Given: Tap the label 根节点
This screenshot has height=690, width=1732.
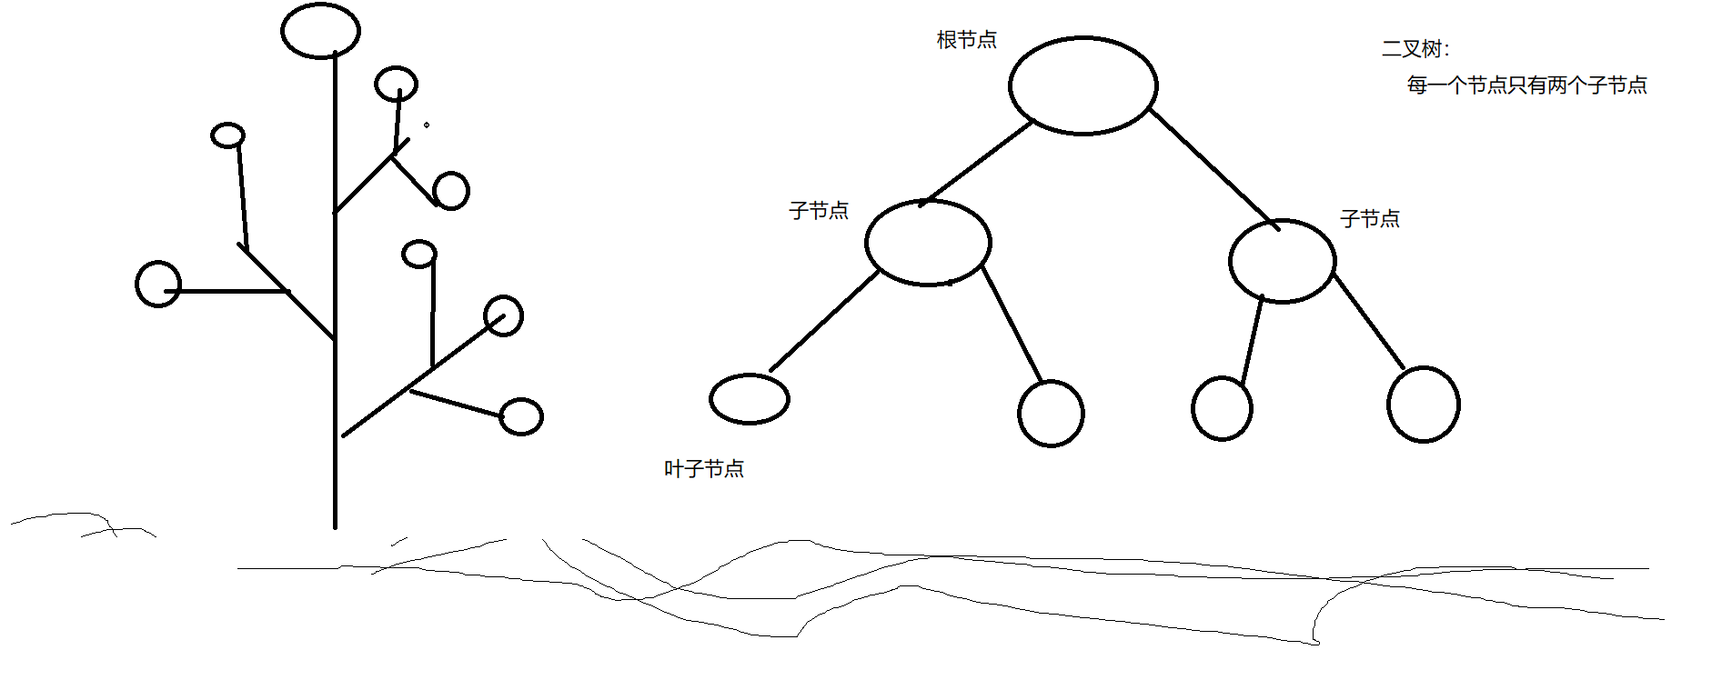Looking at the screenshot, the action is [967, 40].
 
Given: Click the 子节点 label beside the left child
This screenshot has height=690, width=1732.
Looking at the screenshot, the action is [819, 211].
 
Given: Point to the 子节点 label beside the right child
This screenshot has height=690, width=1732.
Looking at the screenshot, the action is [1370, 218].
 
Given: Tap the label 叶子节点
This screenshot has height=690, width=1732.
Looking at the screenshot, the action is [704, 469].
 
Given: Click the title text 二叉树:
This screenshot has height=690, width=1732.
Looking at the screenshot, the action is [1415, 49].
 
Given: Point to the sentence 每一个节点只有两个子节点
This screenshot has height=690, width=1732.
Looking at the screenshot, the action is [1527, 85].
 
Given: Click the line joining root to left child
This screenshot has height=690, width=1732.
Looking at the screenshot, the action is [977, 163].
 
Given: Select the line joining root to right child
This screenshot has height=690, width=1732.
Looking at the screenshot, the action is [1214, 169].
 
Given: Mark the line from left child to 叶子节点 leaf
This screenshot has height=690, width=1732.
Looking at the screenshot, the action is [825, 321].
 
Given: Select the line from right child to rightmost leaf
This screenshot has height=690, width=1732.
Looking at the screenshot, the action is [1368, 321].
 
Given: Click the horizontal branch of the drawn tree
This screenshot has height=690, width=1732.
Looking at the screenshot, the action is [227, 291].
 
